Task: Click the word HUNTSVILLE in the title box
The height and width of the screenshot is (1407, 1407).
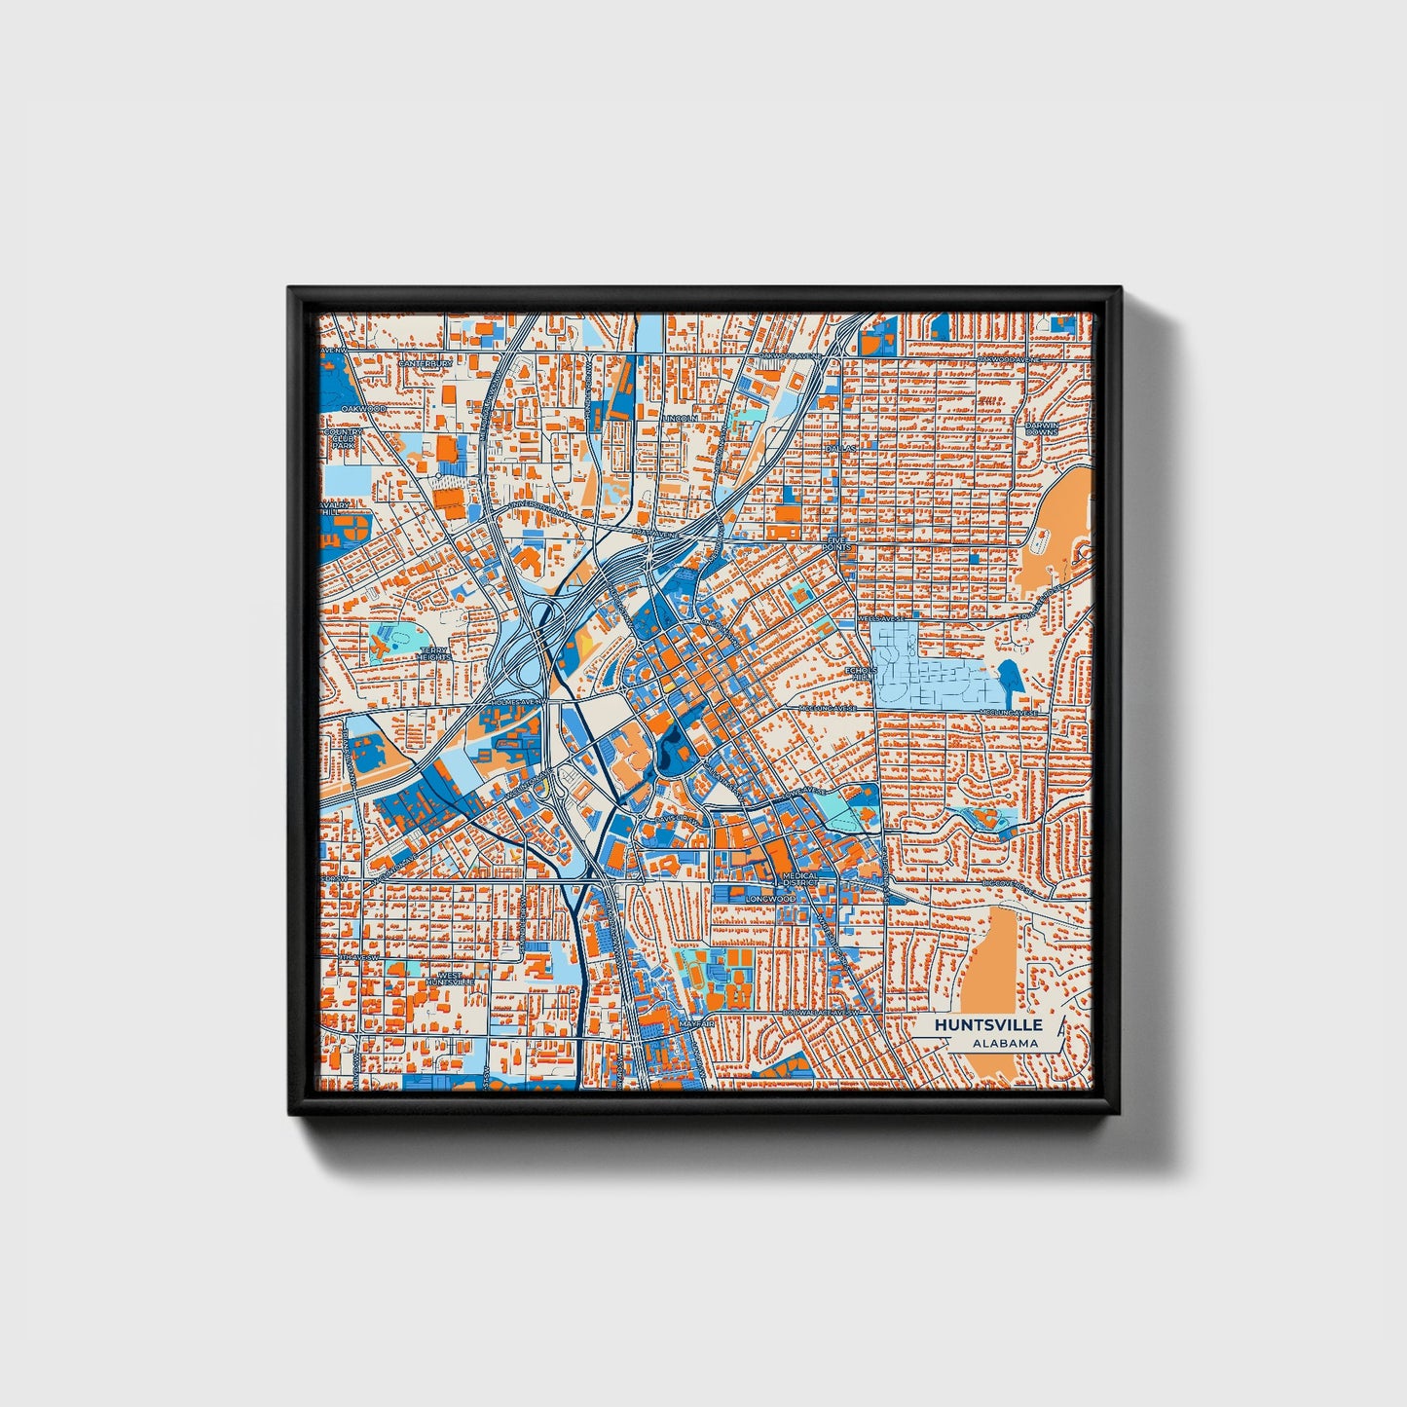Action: [988, 1025]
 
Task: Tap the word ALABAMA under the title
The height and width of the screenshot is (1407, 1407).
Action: [1004, 1044]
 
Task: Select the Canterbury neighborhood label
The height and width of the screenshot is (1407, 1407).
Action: [426, 363]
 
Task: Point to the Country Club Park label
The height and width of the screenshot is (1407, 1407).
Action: [342, 439]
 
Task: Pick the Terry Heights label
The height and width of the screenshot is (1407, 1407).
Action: [433, 653]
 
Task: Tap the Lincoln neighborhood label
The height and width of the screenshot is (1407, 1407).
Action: [678, 418]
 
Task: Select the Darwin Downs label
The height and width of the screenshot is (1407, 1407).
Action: [1041, 428]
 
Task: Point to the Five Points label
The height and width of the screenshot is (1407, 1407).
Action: [837, 543]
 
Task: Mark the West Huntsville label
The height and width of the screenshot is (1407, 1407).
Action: [451, 978]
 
